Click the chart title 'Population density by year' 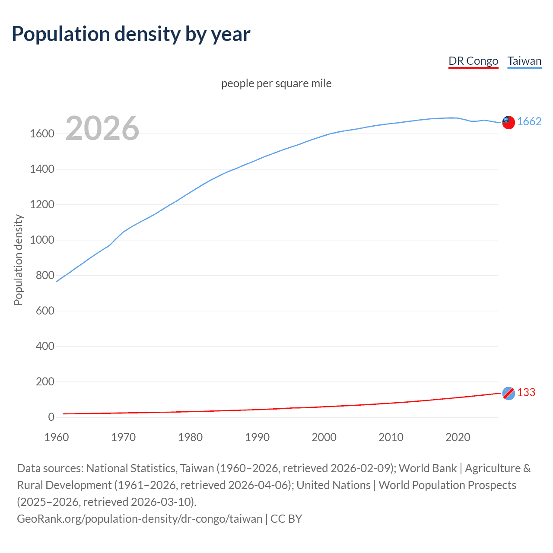[x=130, y=34]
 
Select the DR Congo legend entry [x=473, y=61]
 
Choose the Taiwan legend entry [x=524, y=61]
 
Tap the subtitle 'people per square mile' [x=276, y=83]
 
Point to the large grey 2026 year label [x=102, y=128]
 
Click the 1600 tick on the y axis [x=42, y=134]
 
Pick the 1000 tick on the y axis [x=42, y=240]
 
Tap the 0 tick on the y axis [x=51, y=417]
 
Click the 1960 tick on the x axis [x=57, y=437]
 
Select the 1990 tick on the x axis [x=257, y=437]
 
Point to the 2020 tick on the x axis [x=458, y=437]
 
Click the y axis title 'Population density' [x=18, y=260]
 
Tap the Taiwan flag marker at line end [x=509, y=122]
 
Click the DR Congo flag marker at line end [x=509, y=393]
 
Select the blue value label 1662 [x=529, y=122]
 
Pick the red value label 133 [x=526, y=392]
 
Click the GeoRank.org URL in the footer [x=140, y=518]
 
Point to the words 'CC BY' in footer [x=286, y=518]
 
